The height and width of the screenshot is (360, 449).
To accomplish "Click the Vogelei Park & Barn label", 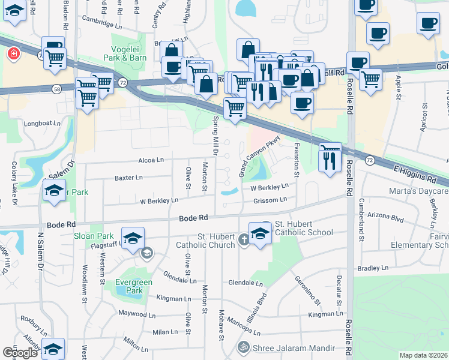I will [129, 53].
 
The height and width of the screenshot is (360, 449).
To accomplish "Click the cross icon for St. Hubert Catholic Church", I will [244, 240].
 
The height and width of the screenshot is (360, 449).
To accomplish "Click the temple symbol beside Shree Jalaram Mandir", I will [244, 346].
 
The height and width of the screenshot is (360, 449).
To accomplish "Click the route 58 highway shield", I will [56, 89].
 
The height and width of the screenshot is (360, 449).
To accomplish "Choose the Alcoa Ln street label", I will [151, 160].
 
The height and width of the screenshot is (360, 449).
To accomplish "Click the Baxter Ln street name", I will [128, 178].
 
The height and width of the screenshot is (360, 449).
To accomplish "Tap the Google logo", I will [20, 353].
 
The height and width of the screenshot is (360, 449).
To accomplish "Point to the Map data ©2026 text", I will [423, 355].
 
